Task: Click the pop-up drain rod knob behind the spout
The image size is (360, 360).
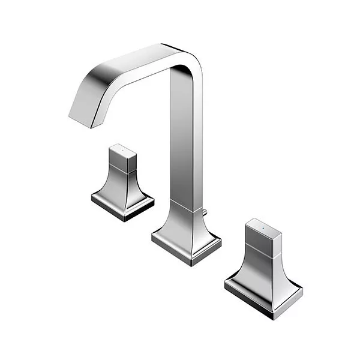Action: click(x=205, y=211)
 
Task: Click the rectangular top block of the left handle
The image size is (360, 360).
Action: click(x=122, y=158)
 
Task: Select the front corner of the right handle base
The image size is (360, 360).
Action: click(x=274, y=314)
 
